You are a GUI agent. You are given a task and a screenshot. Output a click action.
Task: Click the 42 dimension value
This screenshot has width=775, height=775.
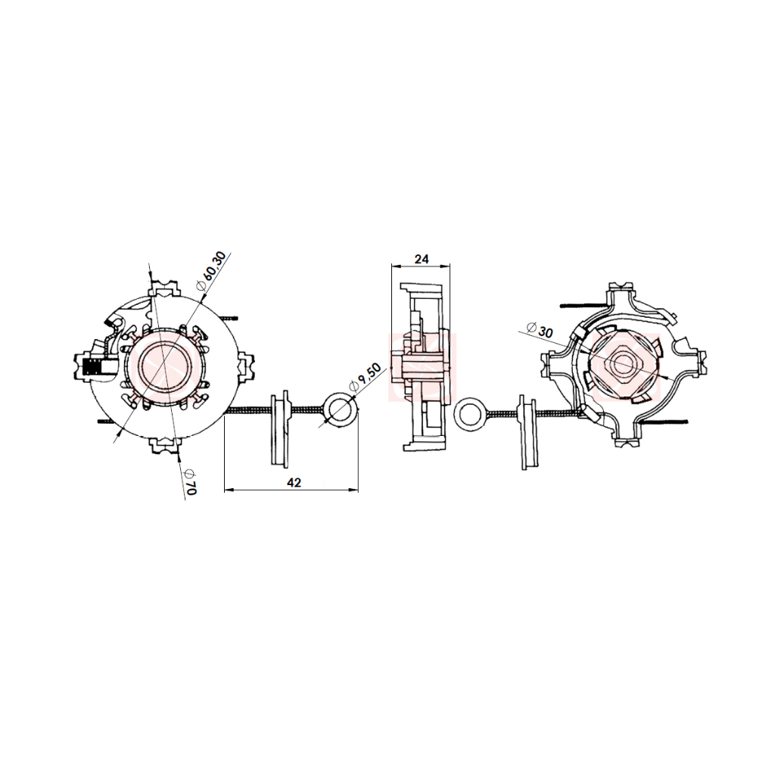pos(294,482)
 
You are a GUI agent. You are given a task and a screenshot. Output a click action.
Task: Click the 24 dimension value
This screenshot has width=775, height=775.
pos(422,259)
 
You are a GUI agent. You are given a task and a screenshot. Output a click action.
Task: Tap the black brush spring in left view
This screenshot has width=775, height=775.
pos(92,367)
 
